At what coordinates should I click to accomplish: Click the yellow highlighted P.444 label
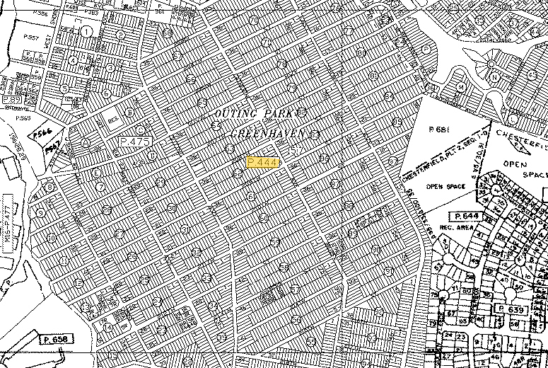tap(264, 162)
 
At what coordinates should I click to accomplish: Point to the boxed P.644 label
tap(467, 216)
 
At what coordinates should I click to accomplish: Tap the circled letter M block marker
tap(461, 86)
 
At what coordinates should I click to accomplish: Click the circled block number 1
tap(87, 31)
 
